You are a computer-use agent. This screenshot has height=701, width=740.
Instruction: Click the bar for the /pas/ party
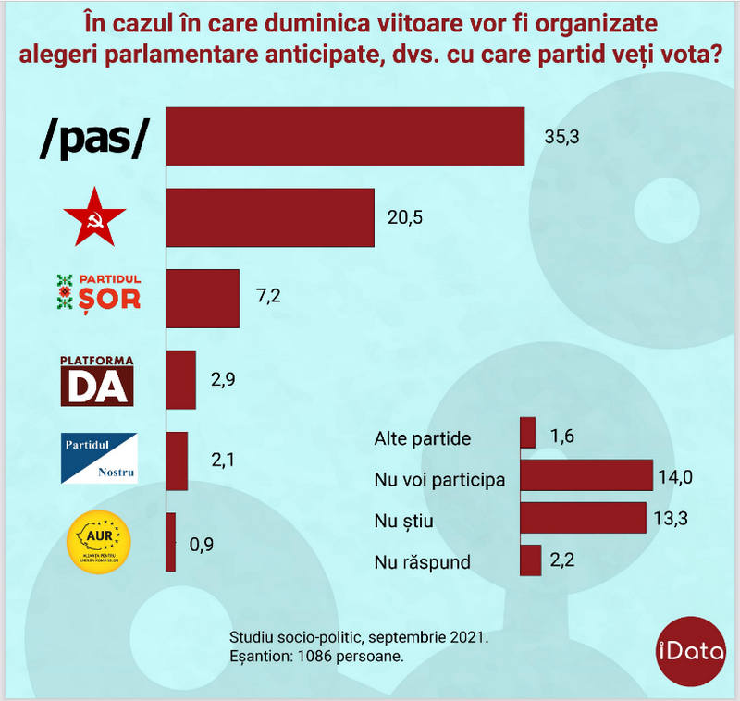[345, 137]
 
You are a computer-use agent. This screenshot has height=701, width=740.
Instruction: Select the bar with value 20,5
[270, 217]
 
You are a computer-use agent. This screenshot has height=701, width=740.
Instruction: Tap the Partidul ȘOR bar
[203, 298]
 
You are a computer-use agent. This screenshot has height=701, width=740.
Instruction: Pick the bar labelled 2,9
[181, 379]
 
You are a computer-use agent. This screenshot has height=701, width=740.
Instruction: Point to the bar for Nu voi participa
[586, 475]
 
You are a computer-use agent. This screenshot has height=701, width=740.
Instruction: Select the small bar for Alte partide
[528, 433]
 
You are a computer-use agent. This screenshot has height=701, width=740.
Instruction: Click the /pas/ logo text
[94, 137]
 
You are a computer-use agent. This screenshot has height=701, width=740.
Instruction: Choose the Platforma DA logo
[97, 380]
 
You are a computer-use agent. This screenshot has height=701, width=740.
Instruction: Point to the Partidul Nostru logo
[99, 459]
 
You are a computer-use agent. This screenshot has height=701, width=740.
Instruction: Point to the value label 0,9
[202, 544]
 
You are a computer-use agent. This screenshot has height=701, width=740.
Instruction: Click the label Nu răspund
[423, 561]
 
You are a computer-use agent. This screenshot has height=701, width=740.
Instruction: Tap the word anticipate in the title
[352, 54]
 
